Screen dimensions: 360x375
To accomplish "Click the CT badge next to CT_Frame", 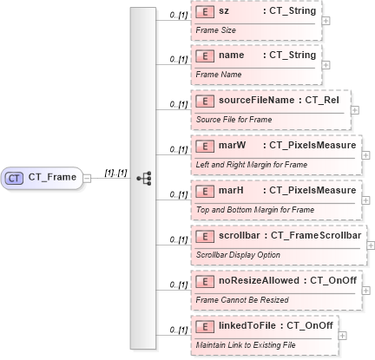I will [x=15, y=177].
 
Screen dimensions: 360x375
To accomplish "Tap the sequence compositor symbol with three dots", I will [x=145, y=177].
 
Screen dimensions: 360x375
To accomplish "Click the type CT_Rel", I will [x=324, y=101].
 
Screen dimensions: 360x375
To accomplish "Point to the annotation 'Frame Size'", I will [x=216, y=29].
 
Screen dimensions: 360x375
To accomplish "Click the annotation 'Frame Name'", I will [x=218, y=74].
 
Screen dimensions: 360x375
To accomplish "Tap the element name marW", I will [x=231, y=145].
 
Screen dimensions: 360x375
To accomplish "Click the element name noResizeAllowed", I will [x=258, y=279].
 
